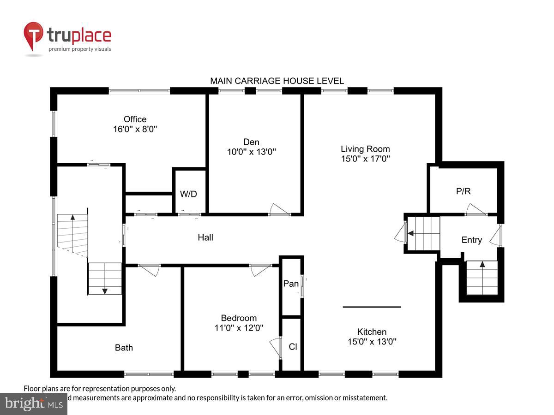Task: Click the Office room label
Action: pos(135,119)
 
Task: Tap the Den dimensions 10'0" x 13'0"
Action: pos(252,152)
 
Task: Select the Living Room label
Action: pos(365,149)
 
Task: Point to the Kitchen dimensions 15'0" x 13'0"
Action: pos(372,342)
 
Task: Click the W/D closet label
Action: pos(188,194)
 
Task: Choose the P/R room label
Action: pos(463,191)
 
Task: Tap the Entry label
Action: pos(471,240)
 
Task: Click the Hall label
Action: pos(205,237)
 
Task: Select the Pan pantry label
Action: pos(291,284)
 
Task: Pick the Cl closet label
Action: pos(293,347)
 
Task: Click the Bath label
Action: pos(124,348)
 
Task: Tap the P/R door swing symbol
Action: pos(476,211)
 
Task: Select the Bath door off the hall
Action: pos(149,270)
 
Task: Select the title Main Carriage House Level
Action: pos(277,81)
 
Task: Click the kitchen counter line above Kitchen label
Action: pos(372,307)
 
